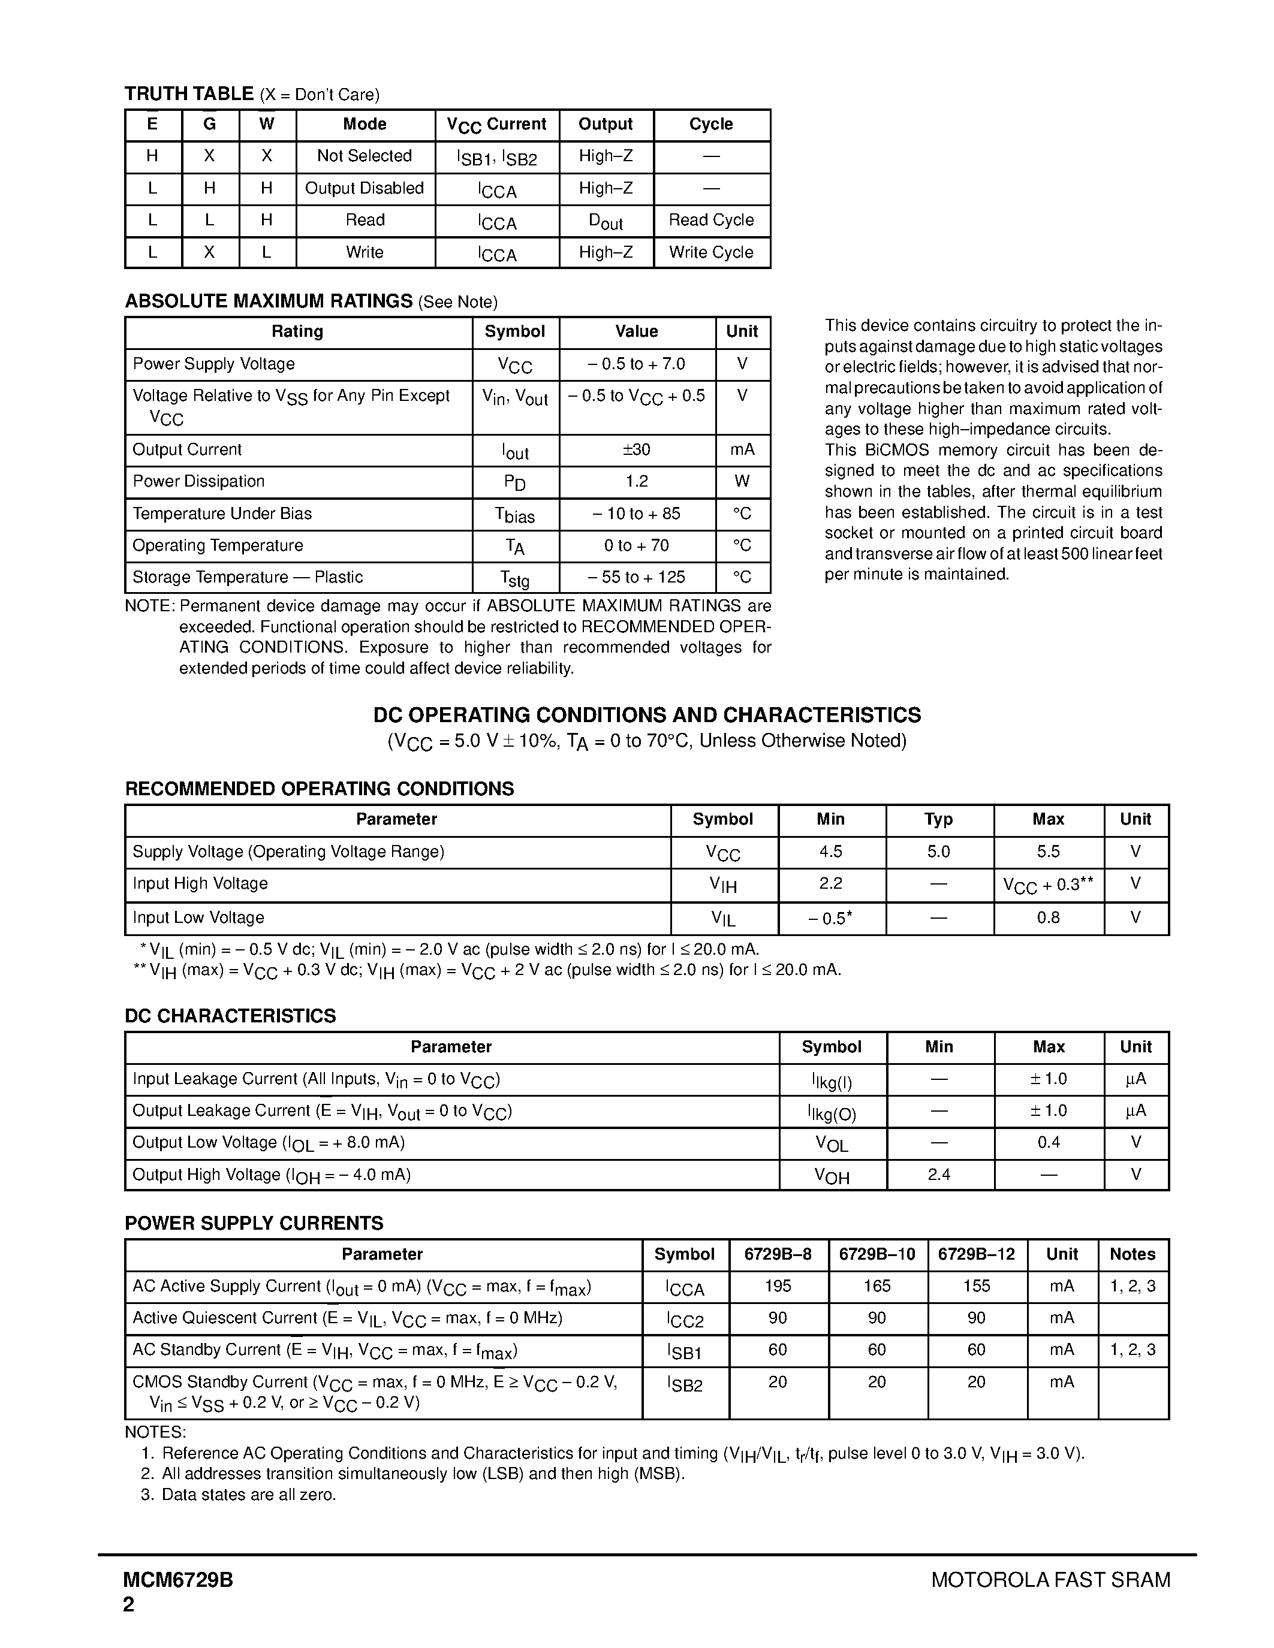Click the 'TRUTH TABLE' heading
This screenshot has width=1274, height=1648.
[x=189, y=93]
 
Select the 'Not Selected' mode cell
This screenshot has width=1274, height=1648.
[x=365, y=156]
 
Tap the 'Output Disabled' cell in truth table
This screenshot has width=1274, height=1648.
[x=365, y=189]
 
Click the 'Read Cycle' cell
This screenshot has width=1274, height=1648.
[x=711, y=221]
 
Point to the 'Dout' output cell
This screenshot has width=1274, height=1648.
[x=606, y=221]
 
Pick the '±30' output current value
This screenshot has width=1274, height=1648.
[x=636, y=449]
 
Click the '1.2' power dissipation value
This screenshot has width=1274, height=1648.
[x=636, y=481]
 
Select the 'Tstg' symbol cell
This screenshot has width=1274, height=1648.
[x=515, y=578]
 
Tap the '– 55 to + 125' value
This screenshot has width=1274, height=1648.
[x=636, y=577]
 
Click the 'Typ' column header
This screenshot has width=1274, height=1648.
[x=938, y=819]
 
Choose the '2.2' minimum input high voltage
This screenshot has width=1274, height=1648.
[x=830, y=883]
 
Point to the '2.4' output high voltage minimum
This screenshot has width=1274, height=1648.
[x=939, y=1175]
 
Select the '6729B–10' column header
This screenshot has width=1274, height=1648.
[x=877, y=1254]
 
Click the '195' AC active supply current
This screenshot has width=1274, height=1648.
[x=778, y=1286]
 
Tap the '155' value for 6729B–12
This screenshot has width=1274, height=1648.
[x=977, y=1286]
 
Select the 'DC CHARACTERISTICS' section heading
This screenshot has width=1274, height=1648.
[x=230, y=1016]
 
